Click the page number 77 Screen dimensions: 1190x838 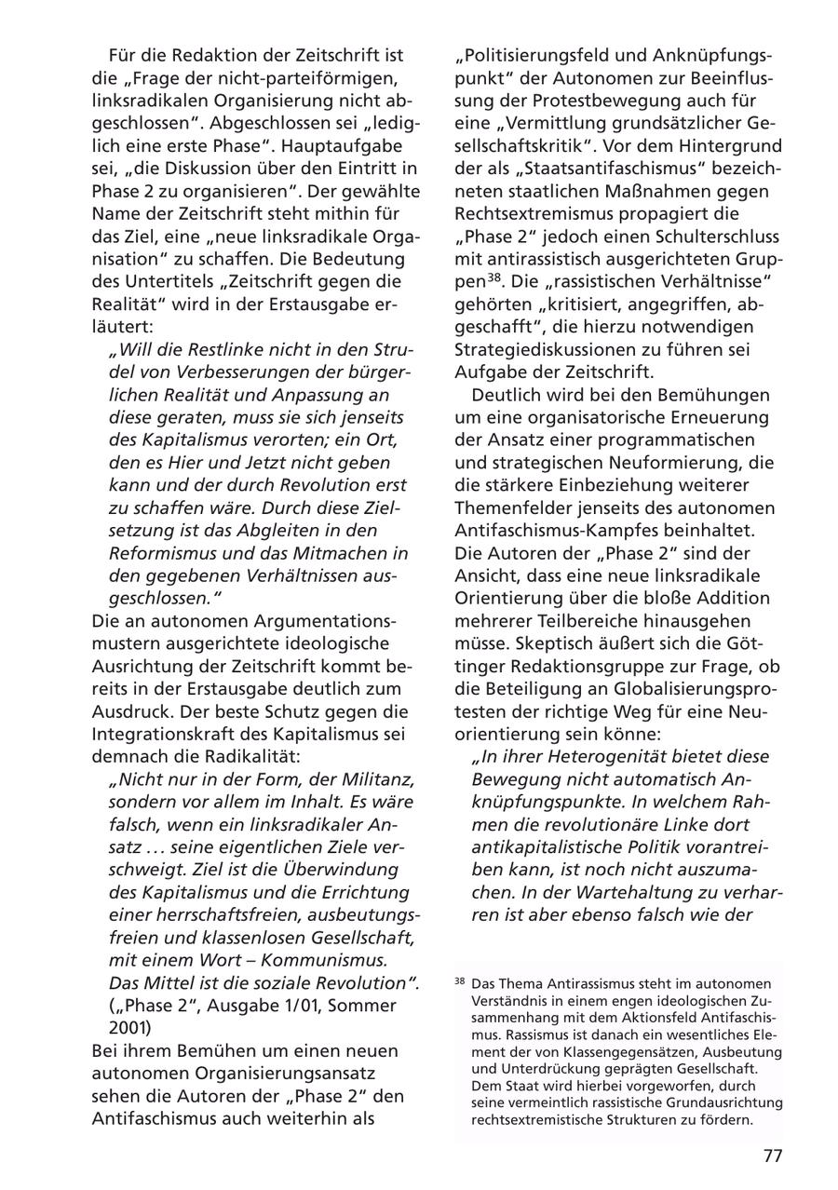(773, 1156)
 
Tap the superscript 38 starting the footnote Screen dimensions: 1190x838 (460, 981)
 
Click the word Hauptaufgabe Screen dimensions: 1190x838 (344, 145)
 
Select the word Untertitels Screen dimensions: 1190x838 (156, 280)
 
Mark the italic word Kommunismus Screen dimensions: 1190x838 (319, 959)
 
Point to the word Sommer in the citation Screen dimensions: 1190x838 (364, 1005)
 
